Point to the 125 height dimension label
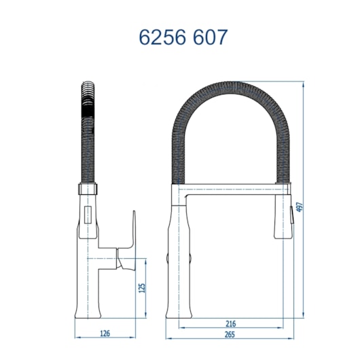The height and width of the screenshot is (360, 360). (141, 287)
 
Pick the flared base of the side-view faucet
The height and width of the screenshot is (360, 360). (89, 315)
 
